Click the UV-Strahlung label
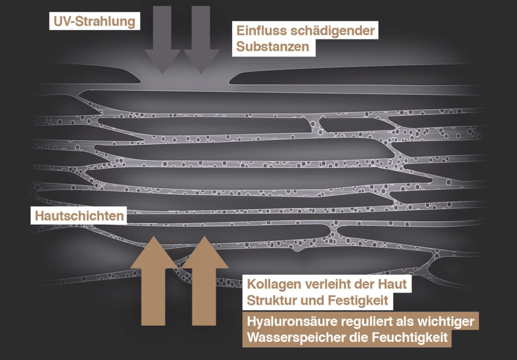pos(94,21)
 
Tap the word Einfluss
pos(261,31)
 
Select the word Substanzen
pos(273,47)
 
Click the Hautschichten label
pos(79,216)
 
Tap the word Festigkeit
pos(358,301)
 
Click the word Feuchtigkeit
pos(409,338)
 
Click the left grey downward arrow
pos(163,39)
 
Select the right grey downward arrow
pos(201,39)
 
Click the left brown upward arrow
pos(153,281)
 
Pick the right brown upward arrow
pos(204,281)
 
